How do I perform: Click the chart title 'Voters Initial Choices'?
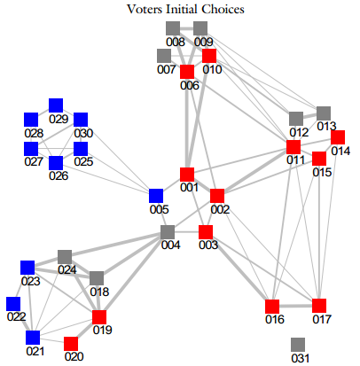185,9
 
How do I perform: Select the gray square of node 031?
298,345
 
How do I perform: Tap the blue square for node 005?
156,196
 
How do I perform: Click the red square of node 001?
187,175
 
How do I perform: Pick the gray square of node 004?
168,232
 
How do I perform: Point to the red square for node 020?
71,344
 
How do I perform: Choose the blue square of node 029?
56,105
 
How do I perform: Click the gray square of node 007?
164,56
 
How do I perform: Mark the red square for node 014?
338,137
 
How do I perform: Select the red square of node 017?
319,306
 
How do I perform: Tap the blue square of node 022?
13,304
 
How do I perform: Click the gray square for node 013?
324,113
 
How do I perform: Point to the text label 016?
275,319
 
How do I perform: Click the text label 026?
59,175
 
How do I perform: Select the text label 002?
220,209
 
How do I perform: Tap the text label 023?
31,281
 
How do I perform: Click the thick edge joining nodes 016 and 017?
295,306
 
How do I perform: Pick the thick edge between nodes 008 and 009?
187,28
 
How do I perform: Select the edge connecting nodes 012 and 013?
309,116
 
